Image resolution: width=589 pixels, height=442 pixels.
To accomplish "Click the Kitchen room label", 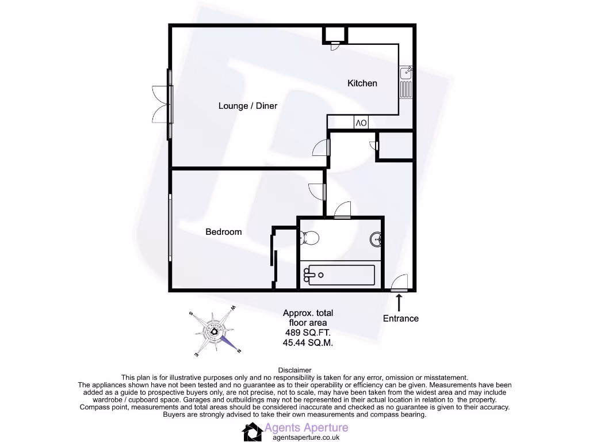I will (362, 83).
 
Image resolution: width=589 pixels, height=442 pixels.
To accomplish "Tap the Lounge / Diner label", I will (247, 106).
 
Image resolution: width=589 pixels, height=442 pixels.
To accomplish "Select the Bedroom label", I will (224, 232).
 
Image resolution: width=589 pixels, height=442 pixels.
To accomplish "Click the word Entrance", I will (401, 318).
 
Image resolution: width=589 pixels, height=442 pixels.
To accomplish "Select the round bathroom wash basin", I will (377, 239).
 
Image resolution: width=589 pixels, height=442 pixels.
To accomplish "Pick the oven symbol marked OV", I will (361, 123).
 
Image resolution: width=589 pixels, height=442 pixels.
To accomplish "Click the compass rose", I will (215, 332).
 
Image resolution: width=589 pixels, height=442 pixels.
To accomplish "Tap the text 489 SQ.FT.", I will (308, 333).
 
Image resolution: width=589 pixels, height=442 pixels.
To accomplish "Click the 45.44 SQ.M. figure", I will (308, 342).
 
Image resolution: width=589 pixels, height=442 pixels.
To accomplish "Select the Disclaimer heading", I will (294, 370).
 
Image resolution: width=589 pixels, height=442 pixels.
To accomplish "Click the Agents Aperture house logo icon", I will (252, 431).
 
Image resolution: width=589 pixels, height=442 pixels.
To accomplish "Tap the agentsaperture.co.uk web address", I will (306, 437).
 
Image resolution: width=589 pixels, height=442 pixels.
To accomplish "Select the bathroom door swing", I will (343, 210).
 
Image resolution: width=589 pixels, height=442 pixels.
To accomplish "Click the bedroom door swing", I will (317, 191).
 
